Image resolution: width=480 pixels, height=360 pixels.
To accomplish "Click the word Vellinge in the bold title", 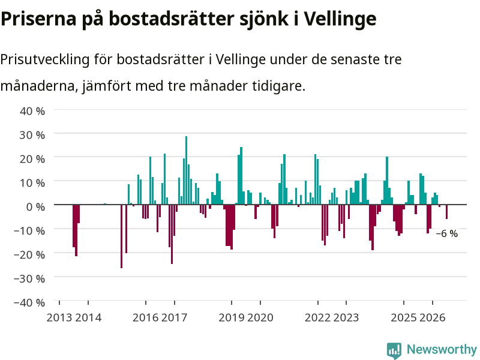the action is coord(340,19).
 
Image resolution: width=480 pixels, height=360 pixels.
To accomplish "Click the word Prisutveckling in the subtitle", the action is coord(44,59).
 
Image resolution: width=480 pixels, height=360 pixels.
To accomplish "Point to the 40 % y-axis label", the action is coord(32,111).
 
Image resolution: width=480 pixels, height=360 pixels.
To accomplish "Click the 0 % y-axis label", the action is coord(35,206).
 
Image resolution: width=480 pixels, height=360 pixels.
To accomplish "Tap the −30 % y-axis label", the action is coord(29,278).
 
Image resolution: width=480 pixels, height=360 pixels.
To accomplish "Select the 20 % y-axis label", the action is coord(32,158).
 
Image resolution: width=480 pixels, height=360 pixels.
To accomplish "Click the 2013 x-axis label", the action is coord(59,317).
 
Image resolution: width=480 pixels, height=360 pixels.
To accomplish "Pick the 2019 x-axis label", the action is coord(232,317).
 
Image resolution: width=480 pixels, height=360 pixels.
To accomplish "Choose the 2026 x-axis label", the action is coord(432,317).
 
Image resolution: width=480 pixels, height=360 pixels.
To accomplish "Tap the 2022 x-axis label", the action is coord(318,317).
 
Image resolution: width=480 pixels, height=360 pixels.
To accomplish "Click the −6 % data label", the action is coord(446,233).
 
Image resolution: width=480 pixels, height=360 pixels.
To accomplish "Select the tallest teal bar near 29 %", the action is coord(186,170).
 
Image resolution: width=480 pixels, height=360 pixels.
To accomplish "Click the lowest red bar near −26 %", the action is coord(122,236).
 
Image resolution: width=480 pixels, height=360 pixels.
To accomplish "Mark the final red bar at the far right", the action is coord(446,212).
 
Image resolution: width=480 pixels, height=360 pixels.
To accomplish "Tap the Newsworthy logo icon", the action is coord(394,350).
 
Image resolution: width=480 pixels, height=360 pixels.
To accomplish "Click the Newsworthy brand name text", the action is coord(442,349).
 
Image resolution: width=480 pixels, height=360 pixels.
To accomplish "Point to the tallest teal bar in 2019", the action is coord(241,176).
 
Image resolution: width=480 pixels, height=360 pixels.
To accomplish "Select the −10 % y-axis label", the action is coord(29,230).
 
